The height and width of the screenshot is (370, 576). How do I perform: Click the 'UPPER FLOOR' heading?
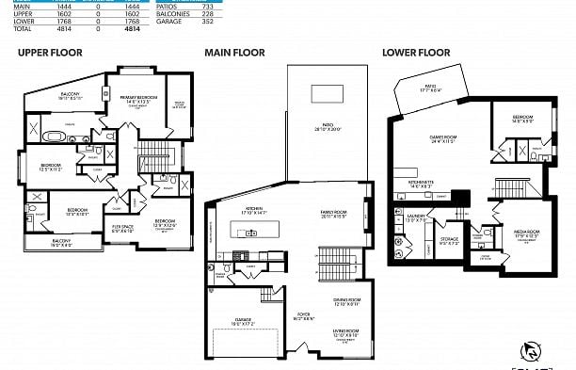(50, 53)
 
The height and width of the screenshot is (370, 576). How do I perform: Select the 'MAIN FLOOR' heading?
(233, 53)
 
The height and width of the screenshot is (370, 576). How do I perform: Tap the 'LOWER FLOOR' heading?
(415, 53)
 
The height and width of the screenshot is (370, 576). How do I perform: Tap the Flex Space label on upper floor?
(121, 227)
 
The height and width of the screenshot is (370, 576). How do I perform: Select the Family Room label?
(333, 213)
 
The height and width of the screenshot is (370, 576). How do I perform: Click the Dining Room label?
(346, 300)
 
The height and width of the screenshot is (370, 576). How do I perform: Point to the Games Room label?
(442, 138)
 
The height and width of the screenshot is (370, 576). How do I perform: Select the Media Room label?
(526, 231)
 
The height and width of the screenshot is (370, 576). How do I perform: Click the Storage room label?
(450, 240)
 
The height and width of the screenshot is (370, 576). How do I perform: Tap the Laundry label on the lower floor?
(415, 217)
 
